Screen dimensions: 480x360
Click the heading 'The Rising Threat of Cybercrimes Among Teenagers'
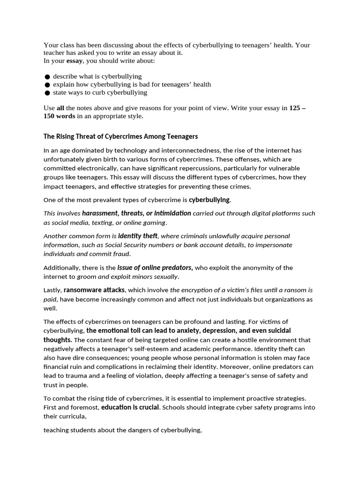pyautogui.click(x=120, y=136)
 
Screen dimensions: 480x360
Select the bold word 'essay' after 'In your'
pyautogui.click(x=74, y=60)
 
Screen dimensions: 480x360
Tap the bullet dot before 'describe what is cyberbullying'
pyautogui.click(x=47, y=76)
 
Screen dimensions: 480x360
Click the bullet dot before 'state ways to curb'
pyautogui.click(x=47, y=93)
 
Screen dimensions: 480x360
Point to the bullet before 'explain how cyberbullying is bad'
pyautogui.click(x=47, y=85)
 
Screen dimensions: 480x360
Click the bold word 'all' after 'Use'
pyautogui.click(x=60, y=108)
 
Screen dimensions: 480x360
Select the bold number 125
pyautogui.click(x=295, y=108)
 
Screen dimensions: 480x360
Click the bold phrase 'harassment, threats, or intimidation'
pyautogui.click(x=136, y=213)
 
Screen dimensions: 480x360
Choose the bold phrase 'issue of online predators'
pyautogui.click(x=155, y=268)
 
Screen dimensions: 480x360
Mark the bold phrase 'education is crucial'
pyautogui.click(x=130, y=407)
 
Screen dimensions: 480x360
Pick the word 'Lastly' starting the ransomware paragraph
pyautogui.click(x=52, y=290)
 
